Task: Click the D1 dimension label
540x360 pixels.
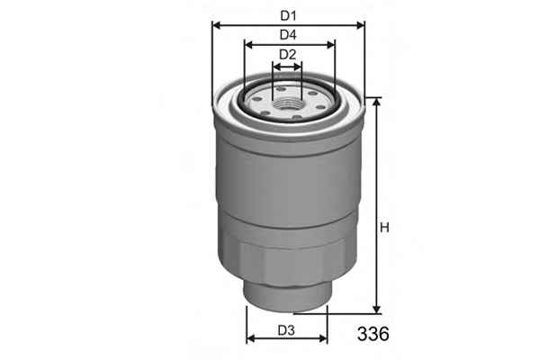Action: pos(288,15)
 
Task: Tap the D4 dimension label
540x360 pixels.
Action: pos(288,35)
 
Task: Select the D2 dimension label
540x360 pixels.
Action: pos(288,54)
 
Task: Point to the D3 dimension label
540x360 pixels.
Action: pos(286,330)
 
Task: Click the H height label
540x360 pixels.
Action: pos(384,228)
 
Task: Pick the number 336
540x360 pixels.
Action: pos(373,334)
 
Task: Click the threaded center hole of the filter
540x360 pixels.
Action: pos(287,103)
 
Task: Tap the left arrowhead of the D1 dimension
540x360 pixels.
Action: pos(217,25)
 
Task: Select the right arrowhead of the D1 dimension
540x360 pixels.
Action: pos(360,25)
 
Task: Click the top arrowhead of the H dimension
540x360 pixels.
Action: pos(377,102)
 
